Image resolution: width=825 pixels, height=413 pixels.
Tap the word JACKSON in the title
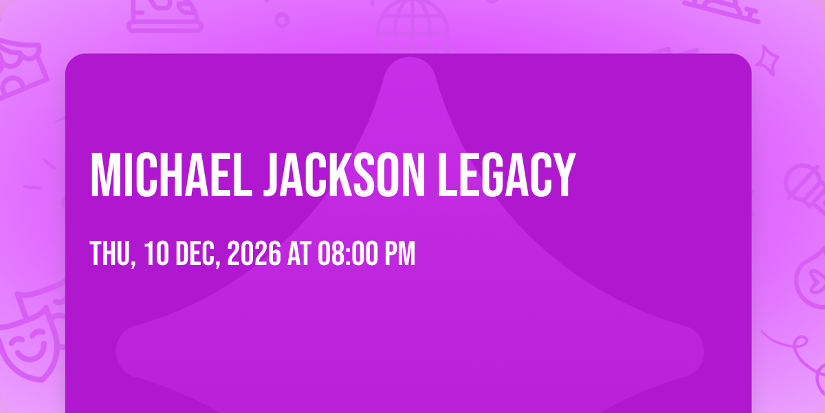344,175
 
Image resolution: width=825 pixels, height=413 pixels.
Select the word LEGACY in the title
507,175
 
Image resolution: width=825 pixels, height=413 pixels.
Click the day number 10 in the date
157,253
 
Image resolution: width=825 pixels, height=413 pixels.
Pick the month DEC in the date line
198,254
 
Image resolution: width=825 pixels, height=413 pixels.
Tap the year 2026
254,253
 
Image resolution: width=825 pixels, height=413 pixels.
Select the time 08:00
348,253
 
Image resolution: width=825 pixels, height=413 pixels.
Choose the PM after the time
400,253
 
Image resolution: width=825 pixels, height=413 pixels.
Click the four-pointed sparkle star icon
767,61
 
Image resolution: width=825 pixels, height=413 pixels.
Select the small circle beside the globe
282,20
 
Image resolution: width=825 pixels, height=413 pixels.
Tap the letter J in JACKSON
272,175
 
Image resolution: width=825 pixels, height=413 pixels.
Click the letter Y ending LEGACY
563,175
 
